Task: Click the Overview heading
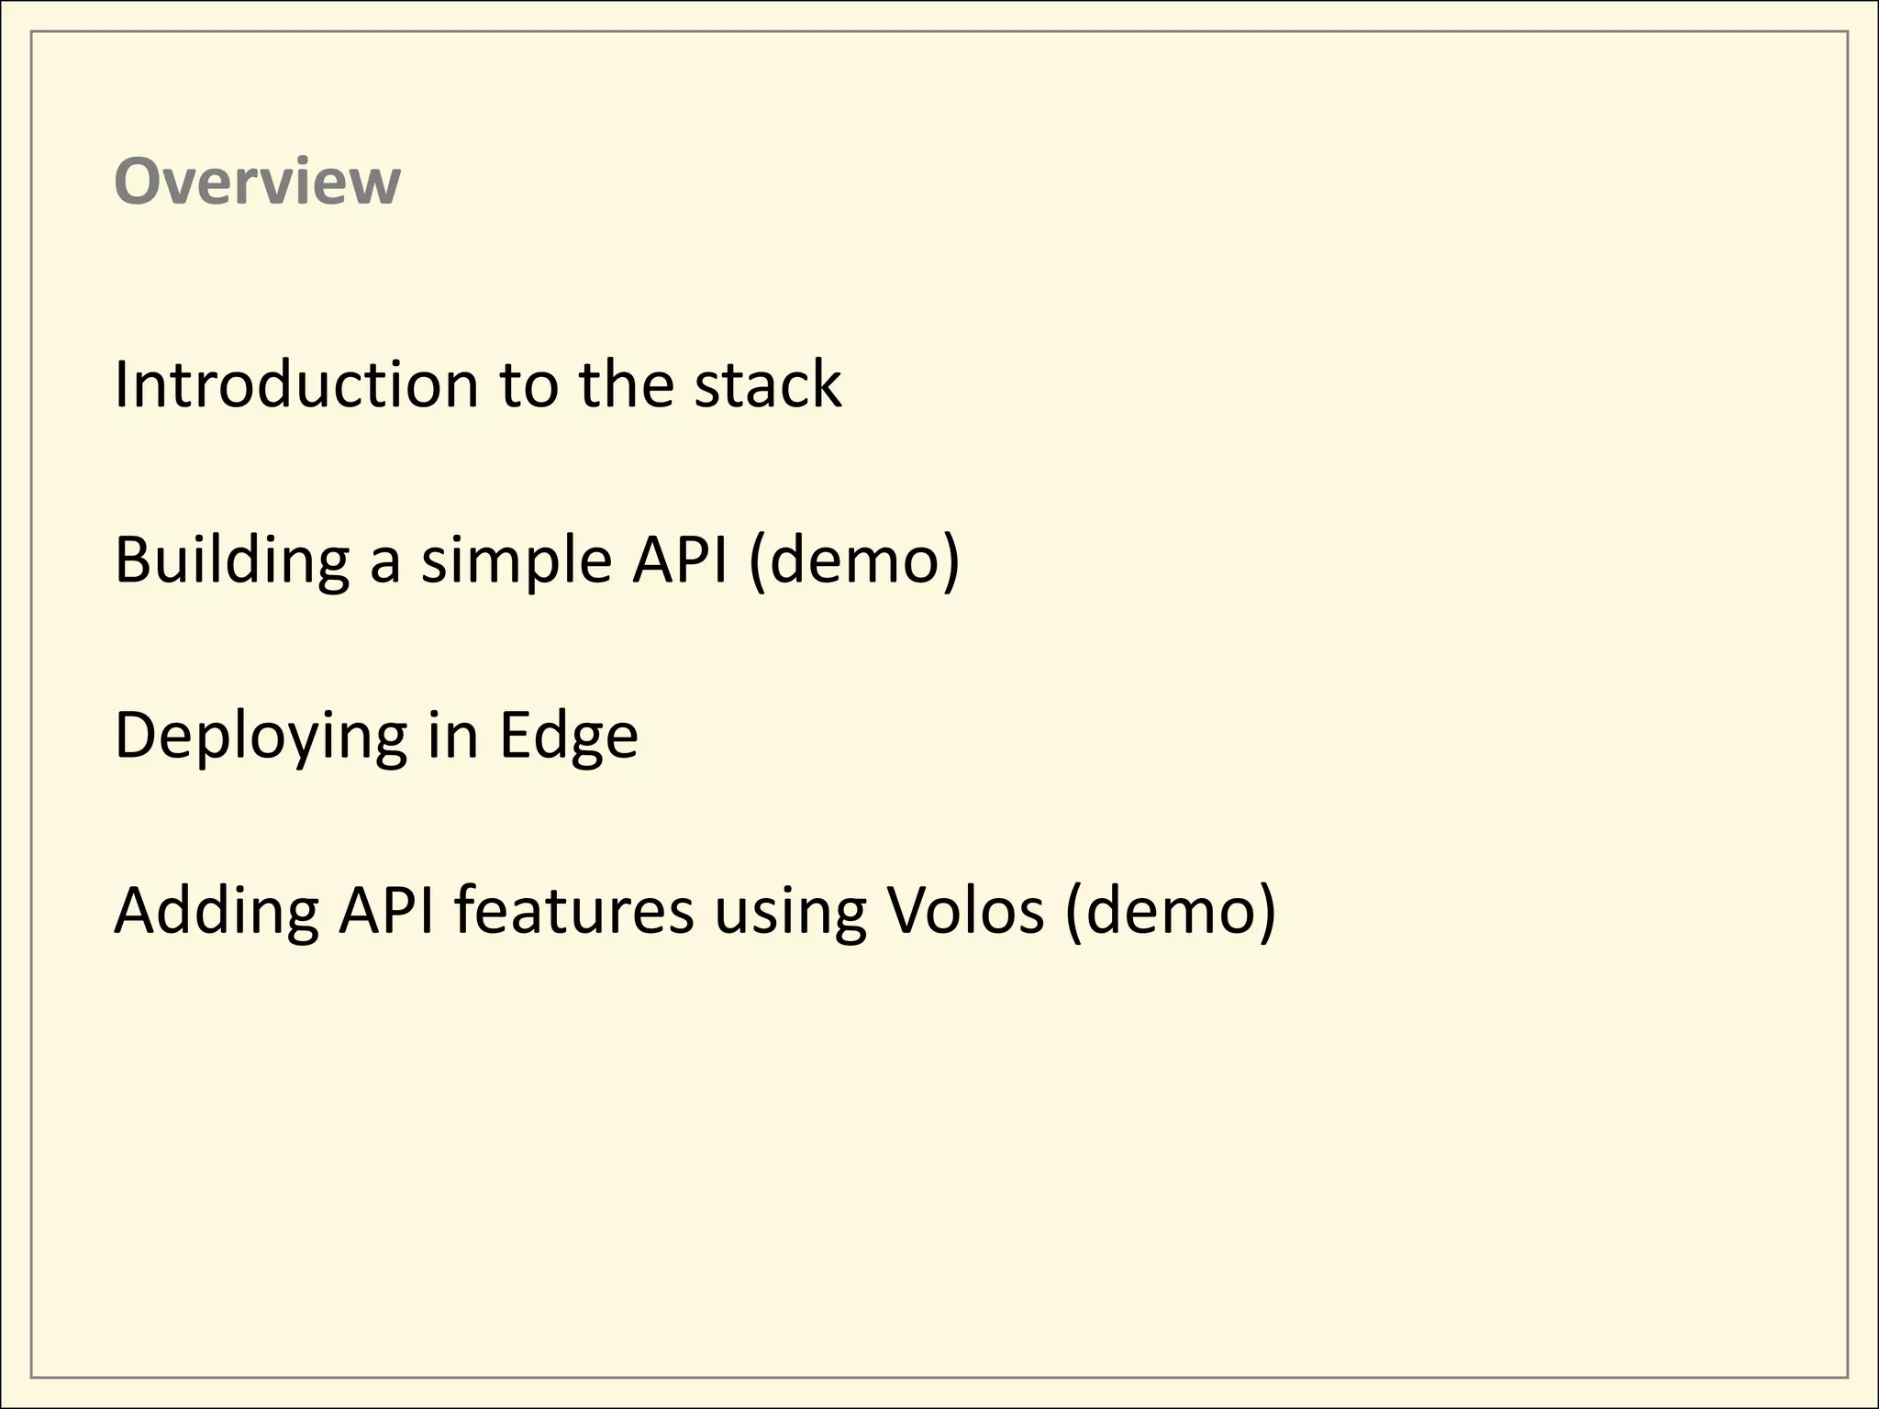tap(257, 182)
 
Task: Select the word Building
tap(231, 560)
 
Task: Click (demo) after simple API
tap(854, 560)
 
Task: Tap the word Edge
tap(568, 736)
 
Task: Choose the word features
tap(574, 912)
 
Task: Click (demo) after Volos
tap(1171, 912)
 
